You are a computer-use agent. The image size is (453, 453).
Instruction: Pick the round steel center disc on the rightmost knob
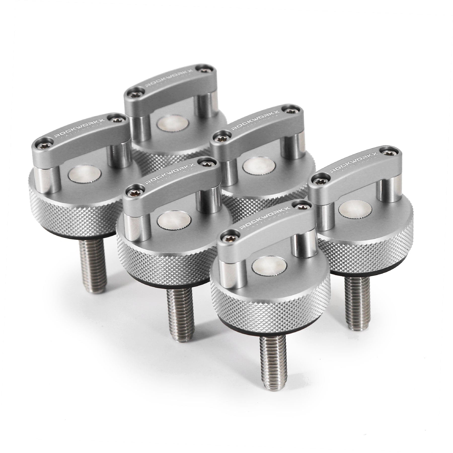coord(353,217)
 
